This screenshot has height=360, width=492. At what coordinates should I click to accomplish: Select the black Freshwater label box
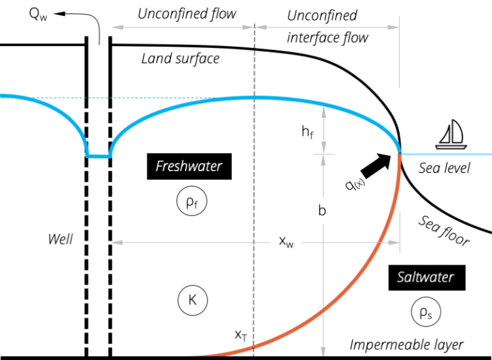pyautogui.click(x=189, y=167)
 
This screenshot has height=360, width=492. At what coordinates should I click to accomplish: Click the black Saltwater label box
pyautogui.click(x=426, y=277)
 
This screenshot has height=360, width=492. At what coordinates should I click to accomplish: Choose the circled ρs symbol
pyautogui.click(x=426, y=312)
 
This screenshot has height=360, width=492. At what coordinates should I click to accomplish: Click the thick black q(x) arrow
pyautogui.click(x=377, y=165)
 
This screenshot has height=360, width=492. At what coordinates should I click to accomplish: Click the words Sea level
pyautogui.click(x=445, y=168)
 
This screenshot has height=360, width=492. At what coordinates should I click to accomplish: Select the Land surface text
pyautogui.click(x=180, y=59)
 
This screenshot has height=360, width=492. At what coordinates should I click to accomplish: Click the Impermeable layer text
pyautogui.click(x=406, y=345)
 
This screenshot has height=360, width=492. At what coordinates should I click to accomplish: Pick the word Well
pyautogui.click(x=61, y=240)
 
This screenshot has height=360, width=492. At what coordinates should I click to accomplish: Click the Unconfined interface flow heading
pyautogui.click(x=327, y=26)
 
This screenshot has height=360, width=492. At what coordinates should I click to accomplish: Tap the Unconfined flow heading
pyautogui.click(x=187, y=13)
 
